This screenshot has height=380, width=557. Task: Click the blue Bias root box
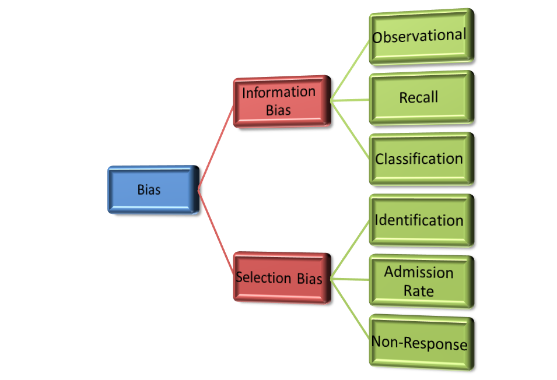point(153,189)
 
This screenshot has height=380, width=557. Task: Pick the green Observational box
point(420,36)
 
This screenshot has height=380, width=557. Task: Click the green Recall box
point(420,97)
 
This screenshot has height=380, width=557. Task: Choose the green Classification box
point(420,159)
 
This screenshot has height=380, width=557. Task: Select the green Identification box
point(420,220)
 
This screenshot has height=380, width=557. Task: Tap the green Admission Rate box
point(420,282)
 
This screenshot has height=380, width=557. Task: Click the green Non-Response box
point(420,343)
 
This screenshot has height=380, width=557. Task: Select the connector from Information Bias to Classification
point(350,129)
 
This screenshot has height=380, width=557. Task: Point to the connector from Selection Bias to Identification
point(350,249)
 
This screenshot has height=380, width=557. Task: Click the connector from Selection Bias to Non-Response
point(350,309)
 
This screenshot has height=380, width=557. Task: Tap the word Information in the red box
point(279,93)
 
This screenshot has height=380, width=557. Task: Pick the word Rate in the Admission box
point(419,290)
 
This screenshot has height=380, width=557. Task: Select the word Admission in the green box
point(419,272)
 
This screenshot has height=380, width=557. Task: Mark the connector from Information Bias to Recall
point(350,100)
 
